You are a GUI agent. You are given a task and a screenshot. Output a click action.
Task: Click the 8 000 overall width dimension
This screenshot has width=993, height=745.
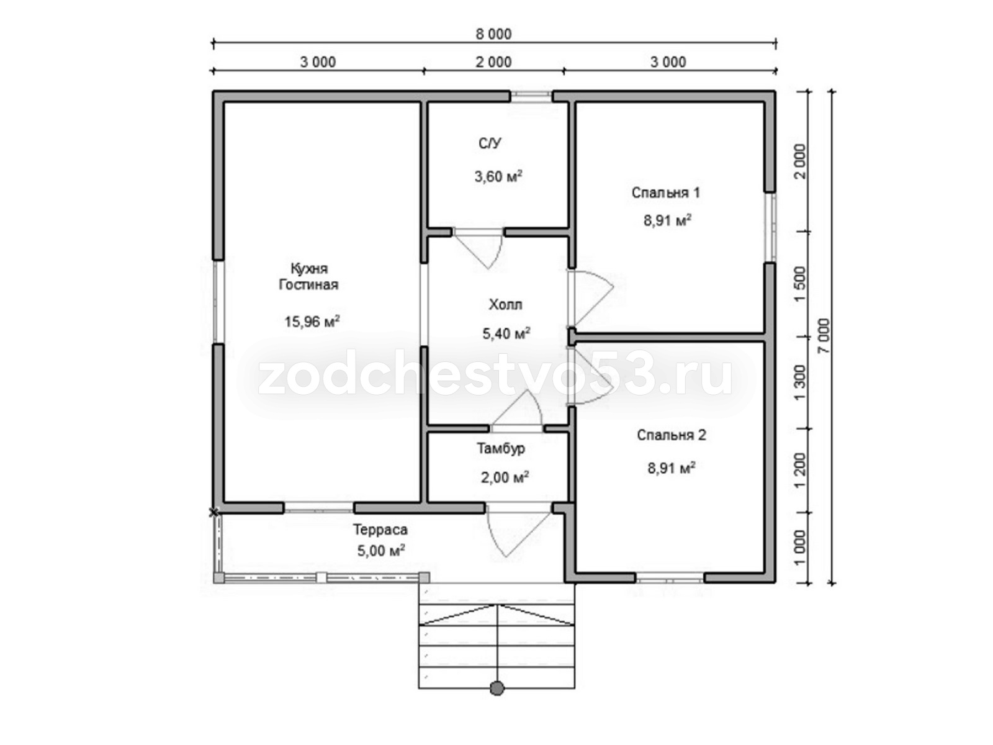coord(493,34)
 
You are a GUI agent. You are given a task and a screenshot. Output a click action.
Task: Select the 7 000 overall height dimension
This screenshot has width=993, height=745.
coord(824,336)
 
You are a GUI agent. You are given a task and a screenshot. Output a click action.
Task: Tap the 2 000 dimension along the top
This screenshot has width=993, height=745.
coord(493,62)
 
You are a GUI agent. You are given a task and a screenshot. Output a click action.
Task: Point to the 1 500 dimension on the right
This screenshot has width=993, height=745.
coord(800,284)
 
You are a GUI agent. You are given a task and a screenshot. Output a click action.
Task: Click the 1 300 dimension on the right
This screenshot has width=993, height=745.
coord(800,382)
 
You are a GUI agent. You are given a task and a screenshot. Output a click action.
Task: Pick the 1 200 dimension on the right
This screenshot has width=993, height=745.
coord(800,471)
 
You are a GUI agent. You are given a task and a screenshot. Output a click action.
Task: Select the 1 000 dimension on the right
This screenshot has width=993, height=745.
coord(800,548)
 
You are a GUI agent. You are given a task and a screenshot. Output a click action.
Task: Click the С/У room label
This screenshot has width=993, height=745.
coord(490,143)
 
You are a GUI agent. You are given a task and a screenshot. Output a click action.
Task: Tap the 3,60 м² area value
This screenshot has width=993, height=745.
coord(498,176)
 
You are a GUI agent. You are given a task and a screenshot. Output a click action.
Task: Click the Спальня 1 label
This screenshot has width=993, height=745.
coord(666,192)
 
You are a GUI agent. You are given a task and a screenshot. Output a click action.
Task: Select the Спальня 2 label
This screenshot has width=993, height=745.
coord(672,435)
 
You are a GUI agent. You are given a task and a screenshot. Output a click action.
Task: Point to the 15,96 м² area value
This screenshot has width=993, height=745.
coord(312,321)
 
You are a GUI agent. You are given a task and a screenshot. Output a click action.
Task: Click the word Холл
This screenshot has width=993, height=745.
coord(505,304)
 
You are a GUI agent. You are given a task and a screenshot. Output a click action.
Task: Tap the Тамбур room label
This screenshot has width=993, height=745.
coord(501,448)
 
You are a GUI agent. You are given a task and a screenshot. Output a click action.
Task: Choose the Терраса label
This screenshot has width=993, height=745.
coord(380,529)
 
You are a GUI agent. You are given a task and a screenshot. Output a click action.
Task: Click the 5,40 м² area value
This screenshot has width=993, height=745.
coord(506,333)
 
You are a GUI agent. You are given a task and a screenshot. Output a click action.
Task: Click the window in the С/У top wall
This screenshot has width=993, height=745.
coord(531,96)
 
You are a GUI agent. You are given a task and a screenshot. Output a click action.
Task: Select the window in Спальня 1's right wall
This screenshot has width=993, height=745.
coord(770,228)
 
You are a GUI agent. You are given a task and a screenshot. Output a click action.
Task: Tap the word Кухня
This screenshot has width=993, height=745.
coord(309,269)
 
